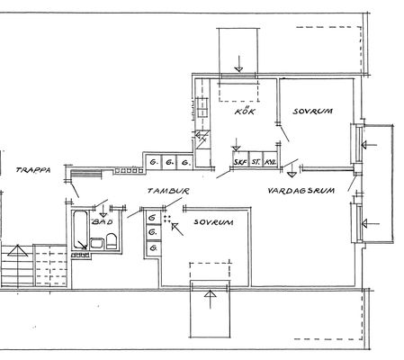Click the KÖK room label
[245, 111]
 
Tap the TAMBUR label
[169, 191]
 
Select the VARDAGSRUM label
[301, 191]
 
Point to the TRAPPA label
[33, 170]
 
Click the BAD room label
[103, 222]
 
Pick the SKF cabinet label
[240, 162]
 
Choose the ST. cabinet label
[256, 162]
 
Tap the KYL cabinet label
[270, 162]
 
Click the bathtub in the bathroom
[80, 229]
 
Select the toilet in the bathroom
[111, 241]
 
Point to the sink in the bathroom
[96, 243]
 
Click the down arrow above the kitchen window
[238, 64]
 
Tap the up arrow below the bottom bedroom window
[211, 300]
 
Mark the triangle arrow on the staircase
[18, 251]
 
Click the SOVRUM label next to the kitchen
[313, 112]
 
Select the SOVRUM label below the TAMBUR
[213, 222]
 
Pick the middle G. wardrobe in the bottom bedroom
[154, 232]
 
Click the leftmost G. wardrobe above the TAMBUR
[154, 163]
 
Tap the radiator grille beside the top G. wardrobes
[129, 171]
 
